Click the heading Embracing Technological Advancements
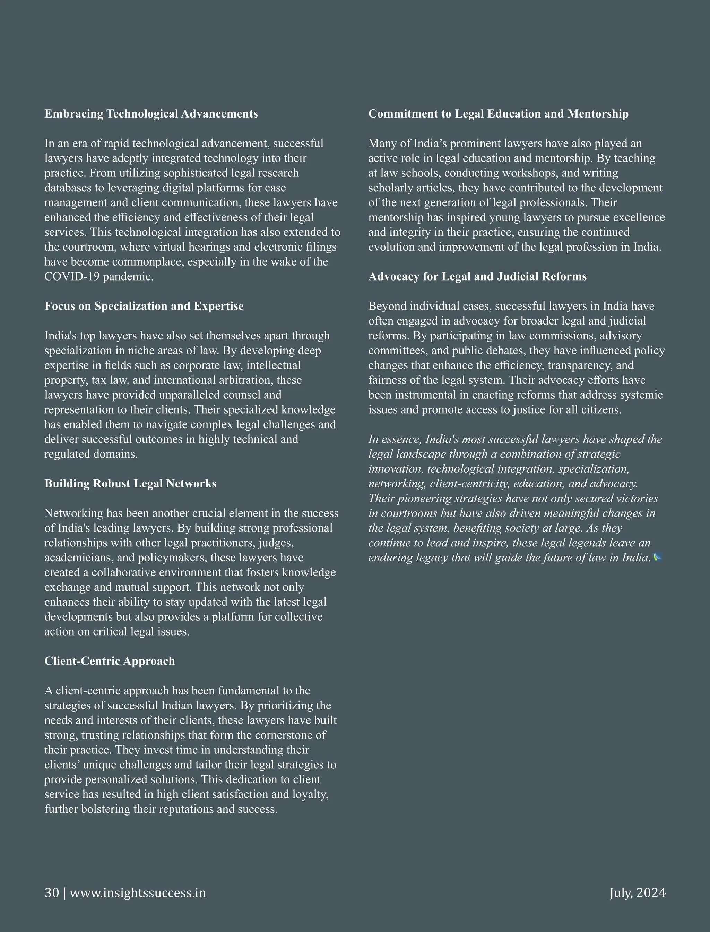pos(151,114)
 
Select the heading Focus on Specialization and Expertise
pos(144,306)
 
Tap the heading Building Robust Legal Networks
pos(130,484)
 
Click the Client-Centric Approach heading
pos(110,661)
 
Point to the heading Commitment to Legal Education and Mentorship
pos(498,114)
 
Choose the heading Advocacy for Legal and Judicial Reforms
pos(477,276)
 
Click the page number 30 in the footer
pos(52,893)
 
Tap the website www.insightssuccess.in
pos(138,893)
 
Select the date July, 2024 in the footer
pos(637,893)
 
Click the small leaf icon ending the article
pos(658,558)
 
